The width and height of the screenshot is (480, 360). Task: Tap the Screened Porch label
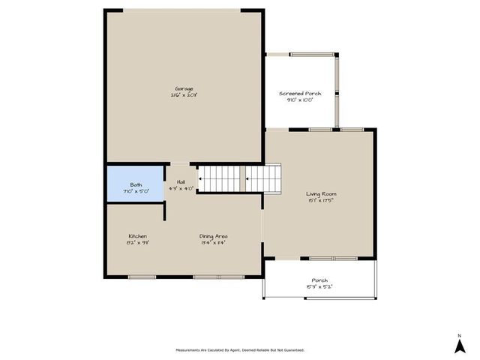pos(300,94)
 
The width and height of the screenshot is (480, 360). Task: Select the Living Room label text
pos(320,193)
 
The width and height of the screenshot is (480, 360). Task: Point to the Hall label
pos(181,182)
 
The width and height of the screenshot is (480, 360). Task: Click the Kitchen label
pos(137,236)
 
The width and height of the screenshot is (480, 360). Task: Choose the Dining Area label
pos(213,236)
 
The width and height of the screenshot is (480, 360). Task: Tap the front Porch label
pos(319,280)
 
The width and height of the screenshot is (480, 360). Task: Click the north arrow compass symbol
pos(458,345)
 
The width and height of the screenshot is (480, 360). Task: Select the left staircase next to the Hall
pos(220,179)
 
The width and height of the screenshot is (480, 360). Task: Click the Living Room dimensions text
pos(320,200)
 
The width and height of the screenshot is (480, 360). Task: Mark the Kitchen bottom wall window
pos(141,277)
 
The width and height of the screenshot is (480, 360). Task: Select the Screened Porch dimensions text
pos(300,100)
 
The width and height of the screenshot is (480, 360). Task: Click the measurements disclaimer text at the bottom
pos(240,349)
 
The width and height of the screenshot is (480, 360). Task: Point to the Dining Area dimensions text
pos(213,243)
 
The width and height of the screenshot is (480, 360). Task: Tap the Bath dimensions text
pos(136,191)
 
